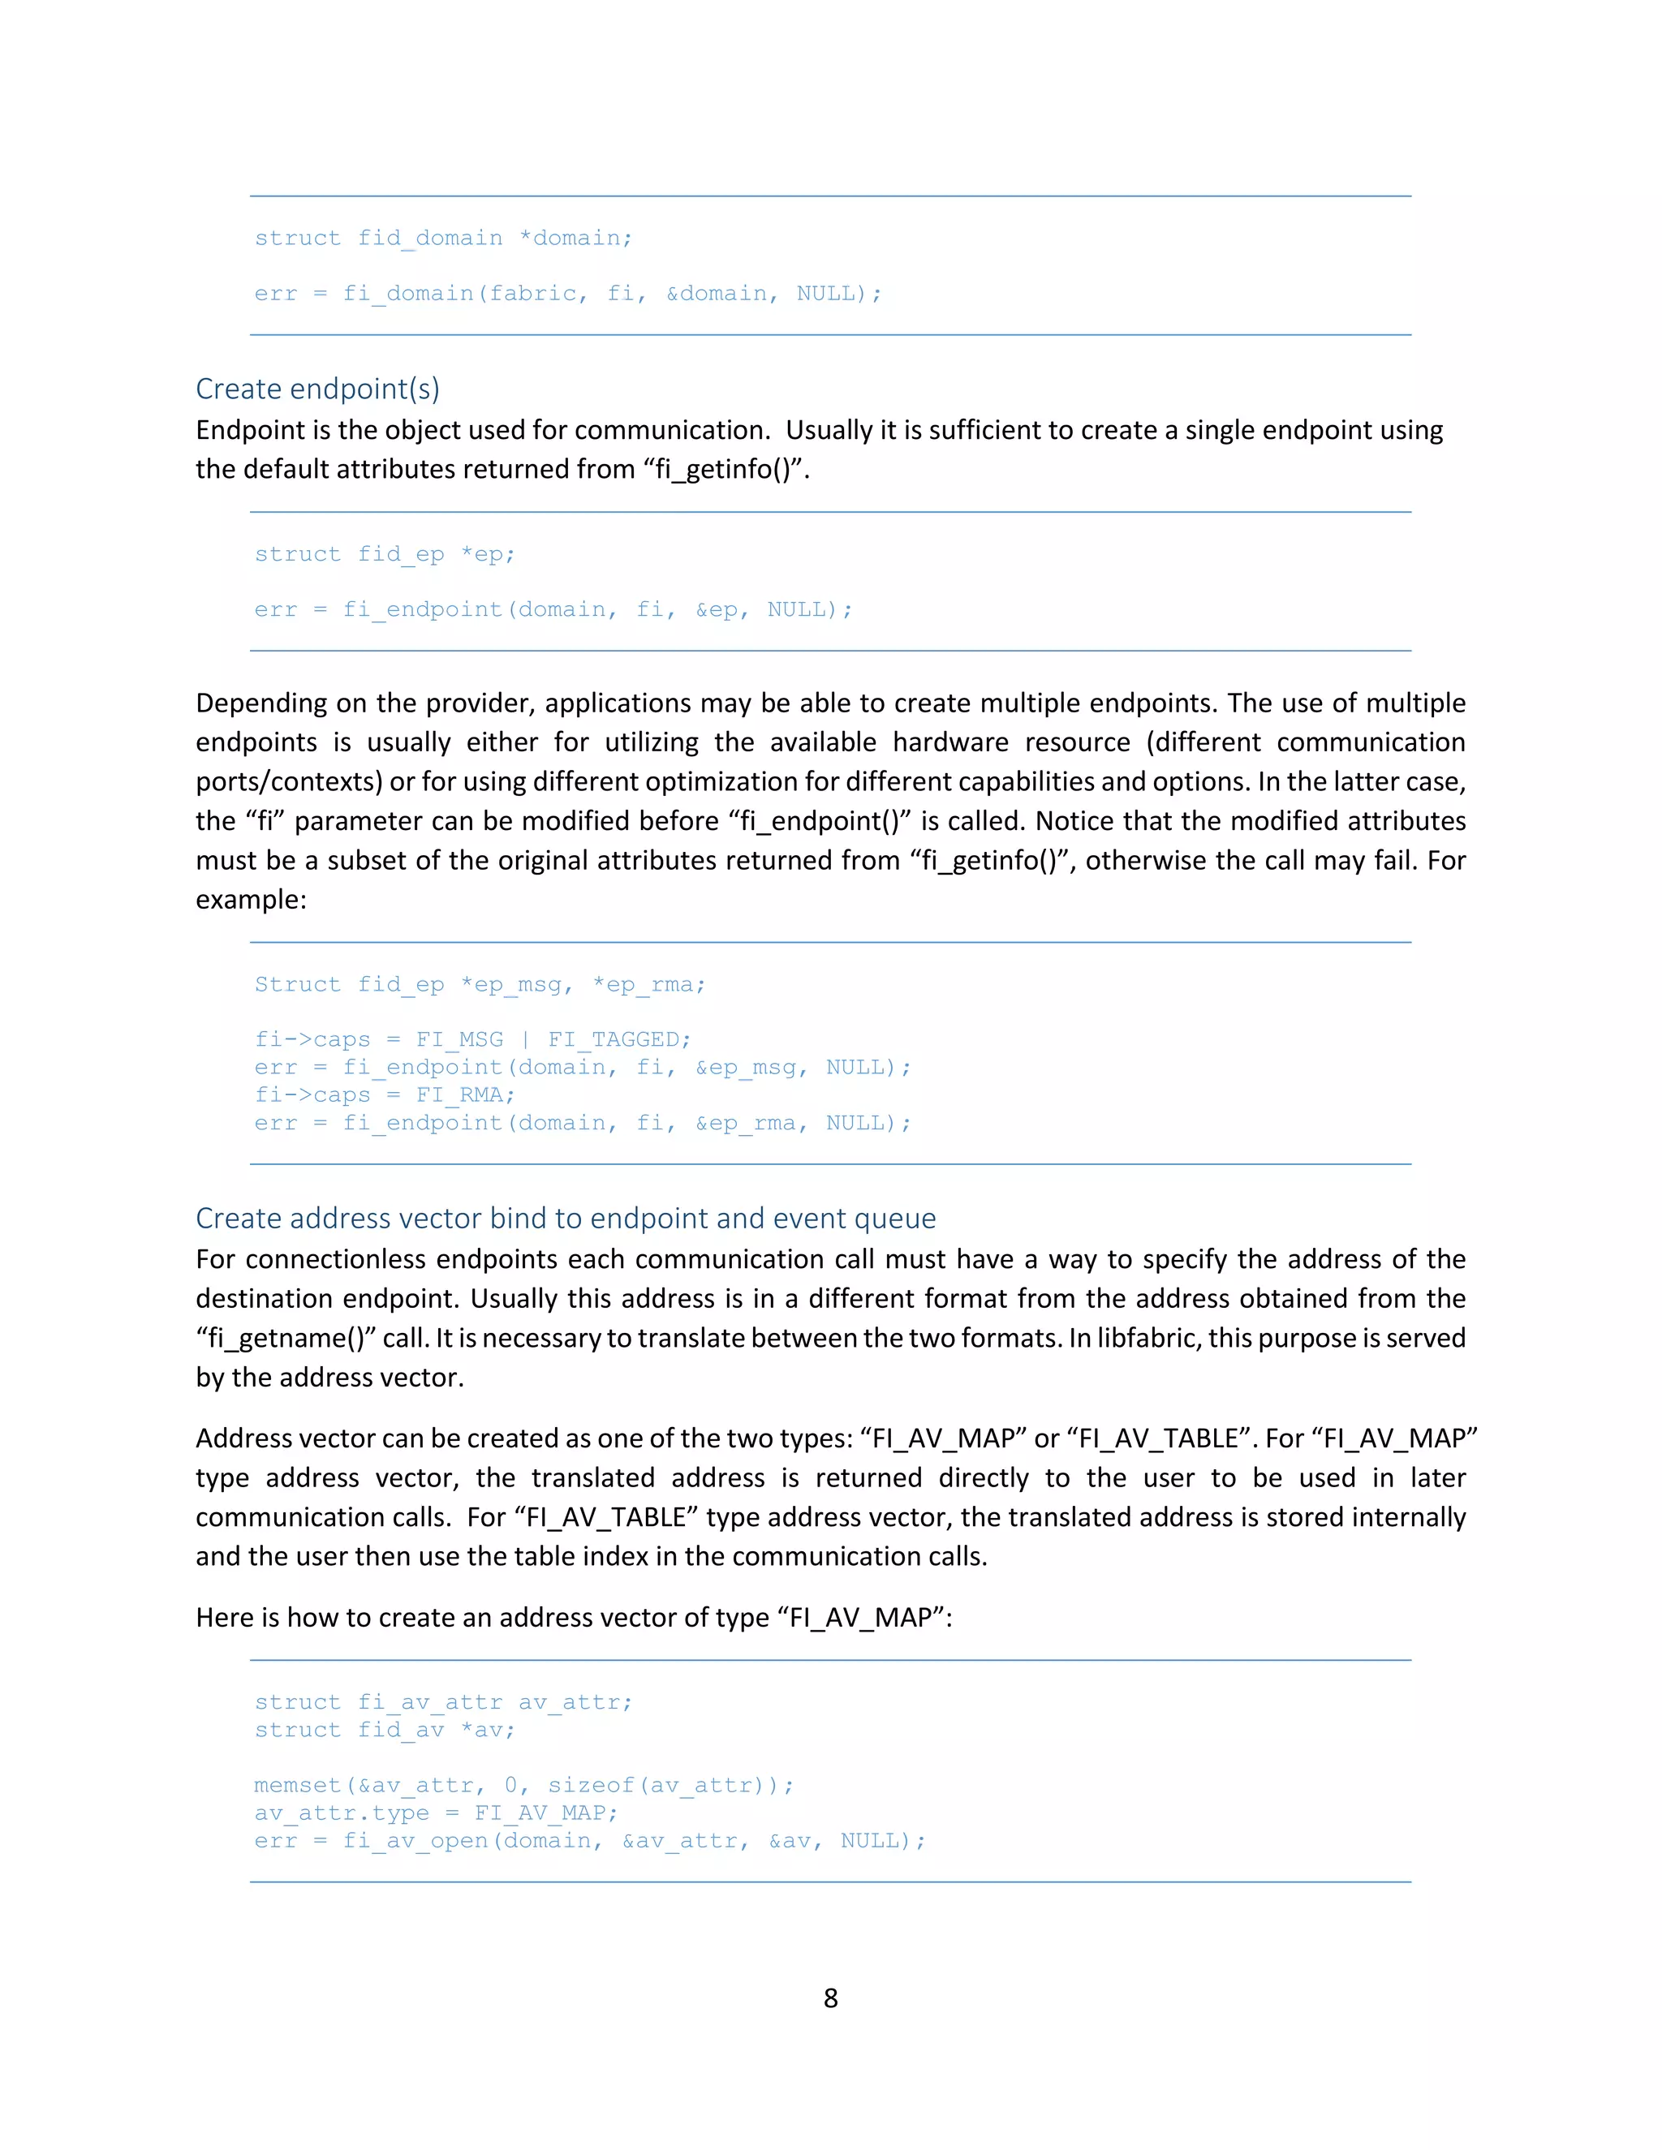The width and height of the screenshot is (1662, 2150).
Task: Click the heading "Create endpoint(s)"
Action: coord(317,389)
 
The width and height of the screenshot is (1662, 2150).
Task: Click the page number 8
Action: coord(830,1997)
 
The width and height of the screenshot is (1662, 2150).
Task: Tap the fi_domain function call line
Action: coord(567,294)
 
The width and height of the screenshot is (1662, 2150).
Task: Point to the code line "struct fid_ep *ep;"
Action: coord(384,554)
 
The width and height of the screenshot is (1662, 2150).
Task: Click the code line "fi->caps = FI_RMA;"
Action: coord(384,1094)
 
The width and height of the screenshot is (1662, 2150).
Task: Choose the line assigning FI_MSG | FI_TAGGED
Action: coord(472,1039)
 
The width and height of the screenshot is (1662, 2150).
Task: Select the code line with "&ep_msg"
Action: coord(582,1067)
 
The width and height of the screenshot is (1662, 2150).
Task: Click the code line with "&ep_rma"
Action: coord(582,1122)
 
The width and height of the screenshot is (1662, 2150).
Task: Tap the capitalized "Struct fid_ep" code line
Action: coord(480,984)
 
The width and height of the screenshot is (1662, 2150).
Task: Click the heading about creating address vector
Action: coord(565,1218)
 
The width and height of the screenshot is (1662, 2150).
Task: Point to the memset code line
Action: coord(523,1785)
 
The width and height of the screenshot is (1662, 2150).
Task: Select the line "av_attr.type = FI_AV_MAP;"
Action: coord(435,1812)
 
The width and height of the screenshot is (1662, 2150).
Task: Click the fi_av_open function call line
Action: coord(590,1840)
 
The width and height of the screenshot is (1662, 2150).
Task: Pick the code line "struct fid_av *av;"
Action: coord(384,1730)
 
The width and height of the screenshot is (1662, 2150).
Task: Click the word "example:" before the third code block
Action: coord(251,899)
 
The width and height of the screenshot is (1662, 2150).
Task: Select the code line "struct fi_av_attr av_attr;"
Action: coord(443,1702)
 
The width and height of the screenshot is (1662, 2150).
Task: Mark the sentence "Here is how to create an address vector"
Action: coord(573,1618)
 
